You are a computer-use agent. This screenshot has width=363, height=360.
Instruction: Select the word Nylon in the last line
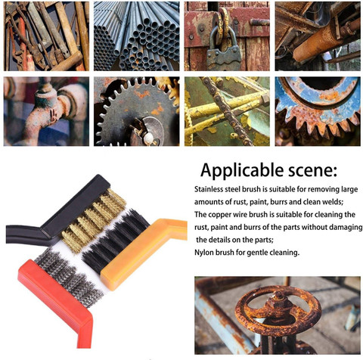[x=203, y=253]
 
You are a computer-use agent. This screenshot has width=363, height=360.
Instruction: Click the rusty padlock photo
[x=227, y=36]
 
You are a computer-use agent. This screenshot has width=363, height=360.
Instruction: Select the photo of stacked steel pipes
[x=137, y=36]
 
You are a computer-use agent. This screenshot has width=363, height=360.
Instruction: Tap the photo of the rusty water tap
[x=46, y=111]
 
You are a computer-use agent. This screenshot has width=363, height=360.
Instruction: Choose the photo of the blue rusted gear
[x=318, y=111]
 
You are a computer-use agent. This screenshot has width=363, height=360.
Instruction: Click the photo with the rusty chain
[x=227, y=111]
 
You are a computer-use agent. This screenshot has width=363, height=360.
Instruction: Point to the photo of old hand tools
[x=46, y=36]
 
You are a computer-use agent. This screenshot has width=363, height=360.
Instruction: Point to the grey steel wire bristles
[x=68, y=278]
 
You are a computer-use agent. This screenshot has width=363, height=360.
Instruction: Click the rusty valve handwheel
[x=278, y=307]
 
